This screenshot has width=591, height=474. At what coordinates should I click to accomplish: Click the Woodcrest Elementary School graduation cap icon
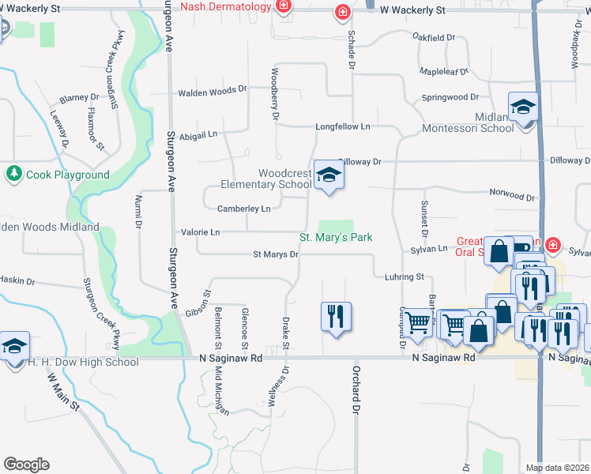click(x=329, y=177)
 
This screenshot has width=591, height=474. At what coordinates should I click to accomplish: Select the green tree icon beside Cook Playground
click(x=13, y=174)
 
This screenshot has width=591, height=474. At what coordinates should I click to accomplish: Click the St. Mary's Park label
click(x=335, y=237)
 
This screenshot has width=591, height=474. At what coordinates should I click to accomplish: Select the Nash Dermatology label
click(x=227, y=7)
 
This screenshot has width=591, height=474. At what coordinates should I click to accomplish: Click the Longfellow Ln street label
click(x=343, y=126)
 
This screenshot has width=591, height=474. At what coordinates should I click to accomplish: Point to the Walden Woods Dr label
click(x=213, y=92)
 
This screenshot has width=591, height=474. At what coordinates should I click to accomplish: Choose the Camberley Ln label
click(x=243, y=209)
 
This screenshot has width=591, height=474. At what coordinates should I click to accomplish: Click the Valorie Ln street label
click(x=200, y=232)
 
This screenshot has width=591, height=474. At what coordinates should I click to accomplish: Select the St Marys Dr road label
click(x=275, y=254)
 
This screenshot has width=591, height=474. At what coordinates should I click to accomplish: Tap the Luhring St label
click(x=405, y=277)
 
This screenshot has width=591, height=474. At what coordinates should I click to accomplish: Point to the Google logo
click(x=26, y=465)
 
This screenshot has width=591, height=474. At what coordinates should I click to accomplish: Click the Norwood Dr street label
click(x=512, y=194)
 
